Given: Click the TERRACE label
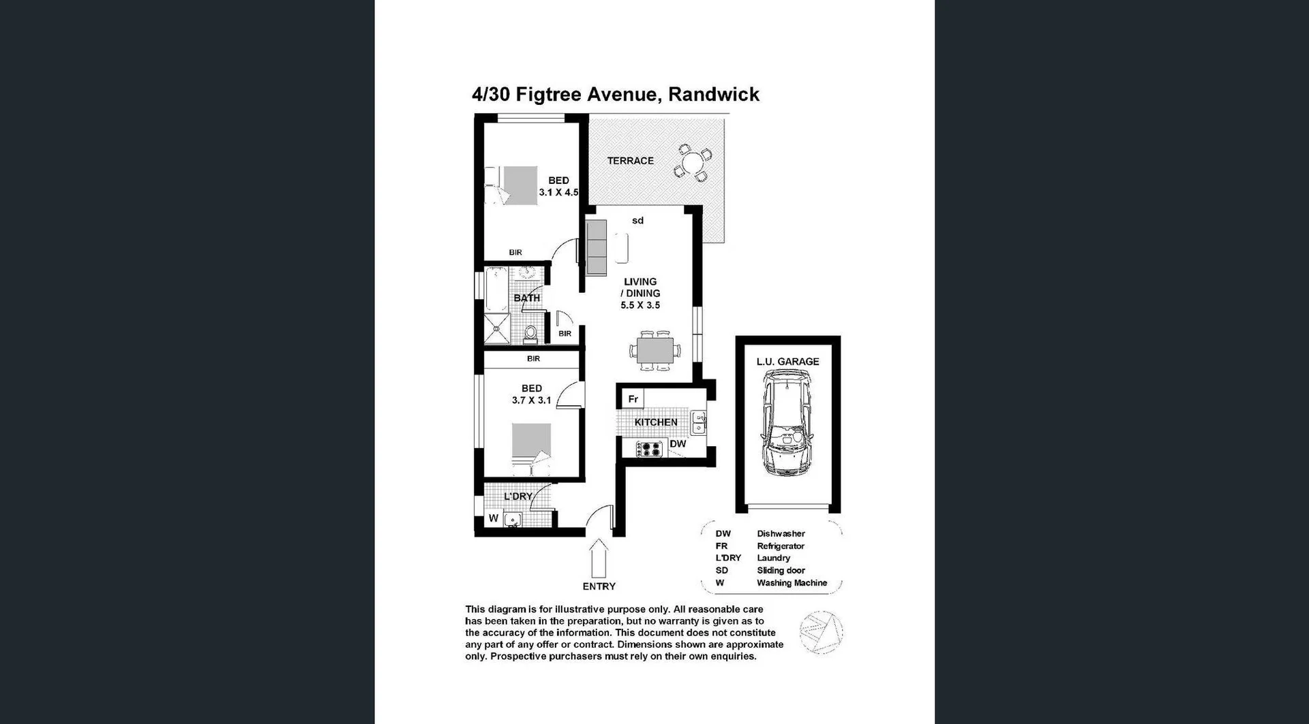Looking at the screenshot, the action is point(630,161).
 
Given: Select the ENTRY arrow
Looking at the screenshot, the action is point(599,557).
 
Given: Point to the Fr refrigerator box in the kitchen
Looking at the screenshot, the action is point(633,399).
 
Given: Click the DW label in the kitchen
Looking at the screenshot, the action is point(678,444).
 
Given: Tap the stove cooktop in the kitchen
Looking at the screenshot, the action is point(649,449).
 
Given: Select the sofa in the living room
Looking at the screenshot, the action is point(597,247).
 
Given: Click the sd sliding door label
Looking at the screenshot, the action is point(637,221).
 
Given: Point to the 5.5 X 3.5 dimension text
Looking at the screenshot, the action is point(640,305).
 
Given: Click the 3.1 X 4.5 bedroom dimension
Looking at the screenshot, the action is point(558,193).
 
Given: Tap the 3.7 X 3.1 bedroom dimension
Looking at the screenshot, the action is point(531,400).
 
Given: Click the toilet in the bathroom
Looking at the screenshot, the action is point(530,334).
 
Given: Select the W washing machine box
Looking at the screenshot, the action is point(493,518).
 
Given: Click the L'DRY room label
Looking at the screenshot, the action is point(517,497).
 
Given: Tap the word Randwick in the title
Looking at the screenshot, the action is point(713,95).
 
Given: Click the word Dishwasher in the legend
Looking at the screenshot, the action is point(781,534).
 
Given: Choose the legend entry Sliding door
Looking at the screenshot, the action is point(781,571).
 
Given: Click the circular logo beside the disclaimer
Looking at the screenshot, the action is point(821,633).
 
